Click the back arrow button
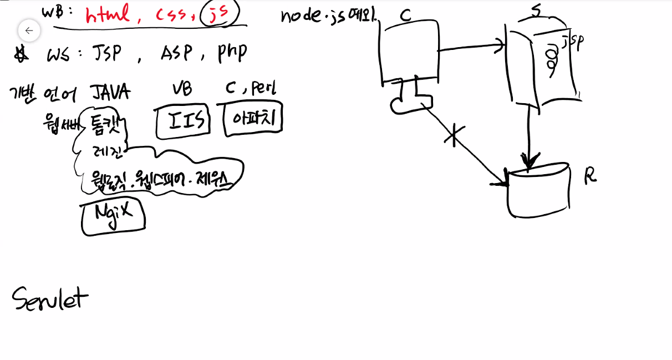click(29, 31)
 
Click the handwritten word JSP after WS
click(105, 54)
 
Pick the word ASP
click(176, 53)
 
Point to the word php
click(231, 52)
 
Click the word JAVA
click(110, 92)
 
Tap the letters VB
click(182, 89)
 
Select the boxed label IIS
click(183, 120)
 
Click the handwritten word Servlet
click(50, 298)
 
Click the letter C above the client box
click(405, 16)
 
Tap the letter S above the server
click(536, 11)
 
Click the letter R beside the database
click(590, 176)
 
